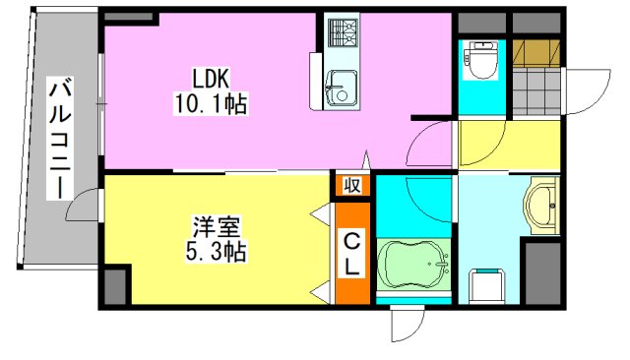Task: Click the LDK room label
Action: (x=212, y=78)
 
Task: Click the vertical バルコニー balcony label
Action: (x=60, y=138)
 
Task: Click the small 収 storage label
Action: (x=351, y=184)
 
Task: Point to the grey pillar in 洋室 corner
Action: (x=115, y=283)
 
